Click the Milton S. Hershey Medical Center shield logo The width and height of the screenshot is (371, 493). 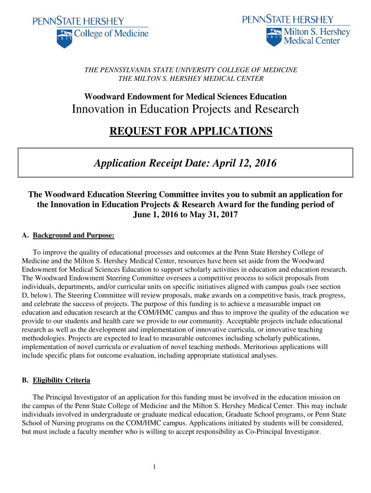[x=273, y=36]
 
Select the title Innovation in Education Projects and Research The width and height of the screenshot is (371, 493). [x=185, y=109]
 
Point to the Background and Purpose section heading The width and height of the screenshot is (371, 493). [x=73, y=235]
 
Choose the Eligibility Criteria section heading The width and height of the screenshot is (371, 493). [x=61, y=380]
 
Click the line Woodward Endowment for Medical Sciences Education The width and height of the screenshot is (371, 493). [x=185, y=97]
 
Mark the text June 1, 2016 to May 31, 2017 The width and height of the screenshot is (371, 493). [x=185, y=214]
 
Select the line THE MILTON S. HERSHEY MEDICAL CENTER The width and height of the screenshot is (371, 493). [x=191, y=78]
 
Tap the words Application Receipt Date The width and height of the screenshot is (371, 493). [x=144, y=163]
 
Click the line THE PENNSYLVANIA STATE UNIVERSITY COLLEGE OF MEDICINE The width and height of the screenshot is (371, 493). [x=191, y=70]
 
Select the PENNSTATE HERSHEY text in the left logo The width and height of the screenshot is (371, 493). [x=78, y=21]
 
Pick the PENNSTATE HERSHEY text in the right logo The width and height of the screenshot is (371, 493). [x=288, y=19]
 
